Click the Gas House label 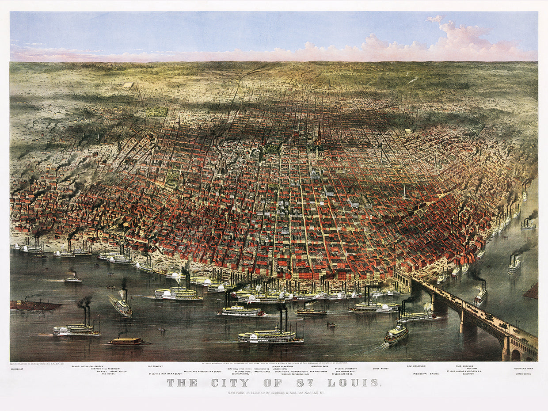(x=108, y=374)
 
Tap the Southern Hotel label (x=240, y=374)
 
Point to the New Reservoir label (x=416, y=366)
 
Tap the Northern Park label (x=524, y=369)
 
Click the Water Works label (x=524, y=374)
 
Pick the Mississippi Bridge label (x=426, y=374)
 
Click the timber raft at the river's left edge (x=35, y=305)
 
